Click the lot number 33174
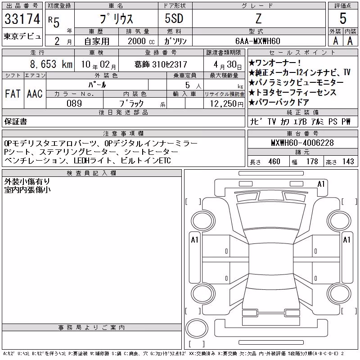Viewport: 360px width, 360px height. (x=22, y=19)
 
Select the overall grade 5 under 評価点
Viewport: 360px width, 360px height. (x=343, y=18)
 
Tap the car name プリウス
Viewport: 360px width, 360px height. (x=116, y=19)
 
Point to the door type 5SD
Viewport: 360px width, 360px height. (x=174, y=18)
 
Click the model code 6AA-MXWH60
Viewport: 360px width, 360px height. (x=258, y=41)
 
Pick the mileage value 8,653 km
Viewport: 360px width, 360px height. (x=51, y=64)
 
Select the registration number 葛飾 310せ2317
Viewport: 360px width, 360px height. (x=161, y=64)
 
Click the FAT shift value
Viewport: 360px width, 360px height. (x=13, y=94)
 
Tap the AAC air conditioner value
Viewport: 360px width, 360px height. (x=35, y=94)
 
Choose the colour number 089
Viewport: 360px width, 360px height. (x=74, y=103)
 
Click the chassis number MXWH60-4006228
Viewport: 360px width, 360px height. (x=302, y=143)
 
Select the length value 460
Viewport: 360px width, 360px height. (x=274, y=162)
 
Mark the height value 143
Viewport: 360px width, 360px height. (x=348, y=162)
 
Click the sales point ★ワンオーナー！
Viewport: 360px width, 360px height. (x=274, y=63)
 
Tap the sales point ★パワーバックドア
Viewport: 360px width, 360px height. (x=279, y=102)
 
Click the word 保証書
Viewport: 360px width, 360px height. (x=16, y=121)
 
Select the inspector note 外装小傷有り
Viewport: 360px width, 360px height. (x=27, y=182)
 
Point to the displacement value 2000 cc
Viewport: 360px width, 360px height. (x=141, y=41)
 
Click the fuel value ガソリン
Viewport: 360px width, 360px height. (x=175, y=41)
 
